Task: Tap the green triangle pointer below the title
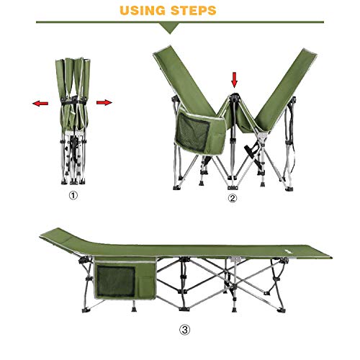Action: click(x=170, y=28)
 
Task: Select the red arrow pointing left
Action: click(x=41, y=104)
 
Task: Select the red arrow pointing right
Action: click(x=104, y=103)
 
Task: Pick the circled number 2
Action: click(x=230, y=198)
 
